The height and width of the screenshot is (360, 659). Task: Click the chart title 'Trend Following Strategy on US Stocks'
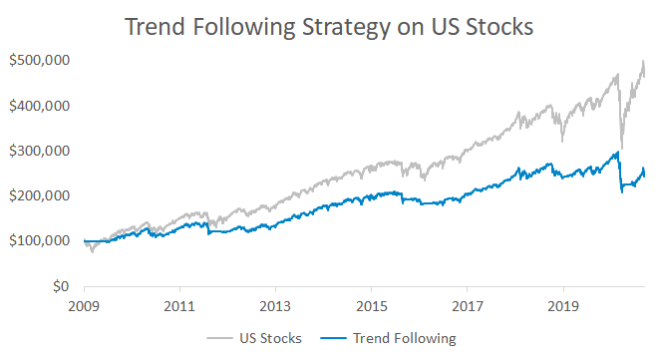coord(329,27)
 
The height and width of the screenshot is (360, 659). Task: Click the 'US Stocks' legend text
coord(272,338)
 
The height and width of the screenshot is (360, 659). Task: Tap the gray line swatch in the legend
coord(221,338)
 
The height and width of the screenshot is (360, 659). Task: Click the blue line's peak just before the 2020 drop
coord(617,153)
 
